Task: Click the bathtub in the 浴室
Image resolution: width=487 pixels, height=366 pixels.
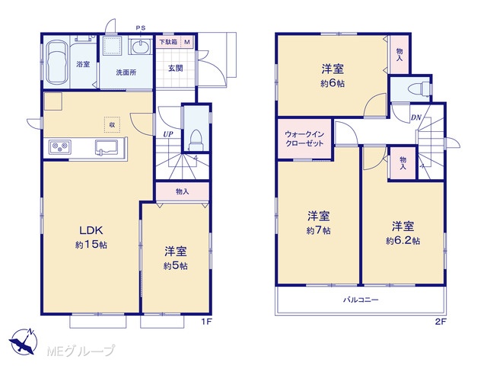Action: [x=57, y=63]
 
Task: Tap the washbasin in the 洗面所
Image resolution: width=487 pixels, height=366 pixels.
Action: [x=140, y=47]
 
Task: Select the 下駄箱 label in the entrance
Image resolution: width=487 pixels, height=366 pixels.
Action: [x=168, y=42]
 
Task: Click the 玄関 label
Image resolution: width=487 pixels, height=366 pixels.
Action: [x=176, y=68]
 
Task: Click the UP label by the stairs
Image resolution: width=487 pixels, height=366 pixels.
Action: [x=168, y=134]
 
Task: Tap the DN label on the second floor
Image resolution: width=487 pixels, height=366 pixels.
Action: [x=416, y=117]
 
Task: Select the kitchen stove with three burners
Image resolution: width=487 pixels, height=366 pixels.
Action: [x=59, y=146]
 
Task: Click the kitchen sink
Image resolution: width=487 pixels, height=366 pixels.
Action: [x=107, y=147]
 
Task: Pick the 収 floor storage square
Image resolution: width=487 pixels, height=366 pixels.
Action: [x=112, y=124]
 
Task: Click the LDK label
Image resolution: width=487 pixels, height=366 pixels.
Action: [x=91, y=230]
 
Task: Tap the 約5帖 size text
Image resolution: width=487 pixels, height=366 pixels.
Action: [x=176, y=266]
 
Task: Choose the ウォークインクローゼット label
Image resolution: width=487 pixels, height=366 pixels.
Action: [x=304, y=139]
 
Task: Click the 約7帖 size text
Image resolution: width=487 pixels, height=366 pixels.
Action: [x=318, y=230]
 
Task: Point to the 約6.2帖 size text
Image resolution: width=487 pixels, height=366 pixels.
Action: [x=403, y=241]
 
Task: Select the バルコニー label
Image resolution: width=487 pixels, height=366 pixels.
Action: [x=361, y=300]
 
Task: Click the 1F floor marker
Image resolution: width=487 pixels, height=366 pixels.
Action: [x=206, y=322]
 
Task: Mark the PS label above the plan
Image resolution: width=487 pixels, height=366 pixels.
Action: [x=141, y=28]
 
